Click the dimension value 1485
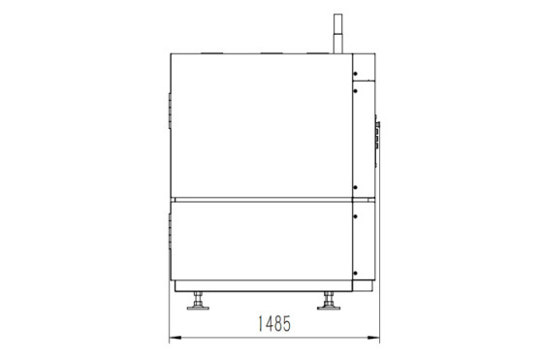point(274,324)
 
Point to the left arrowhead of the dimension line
point(176,337)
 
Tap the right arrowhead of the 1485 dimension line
point(373,337)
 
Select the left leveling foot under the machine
point(198,301)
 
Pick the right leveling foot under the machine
point(329,301)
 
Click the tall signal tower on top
point(337,34)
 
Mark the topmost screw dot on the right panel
point(355,74)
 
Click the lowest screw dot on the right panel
point(355,273)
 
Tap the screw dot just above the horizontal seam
point(355,187)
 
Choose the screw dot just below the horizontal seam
point(355,216)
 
